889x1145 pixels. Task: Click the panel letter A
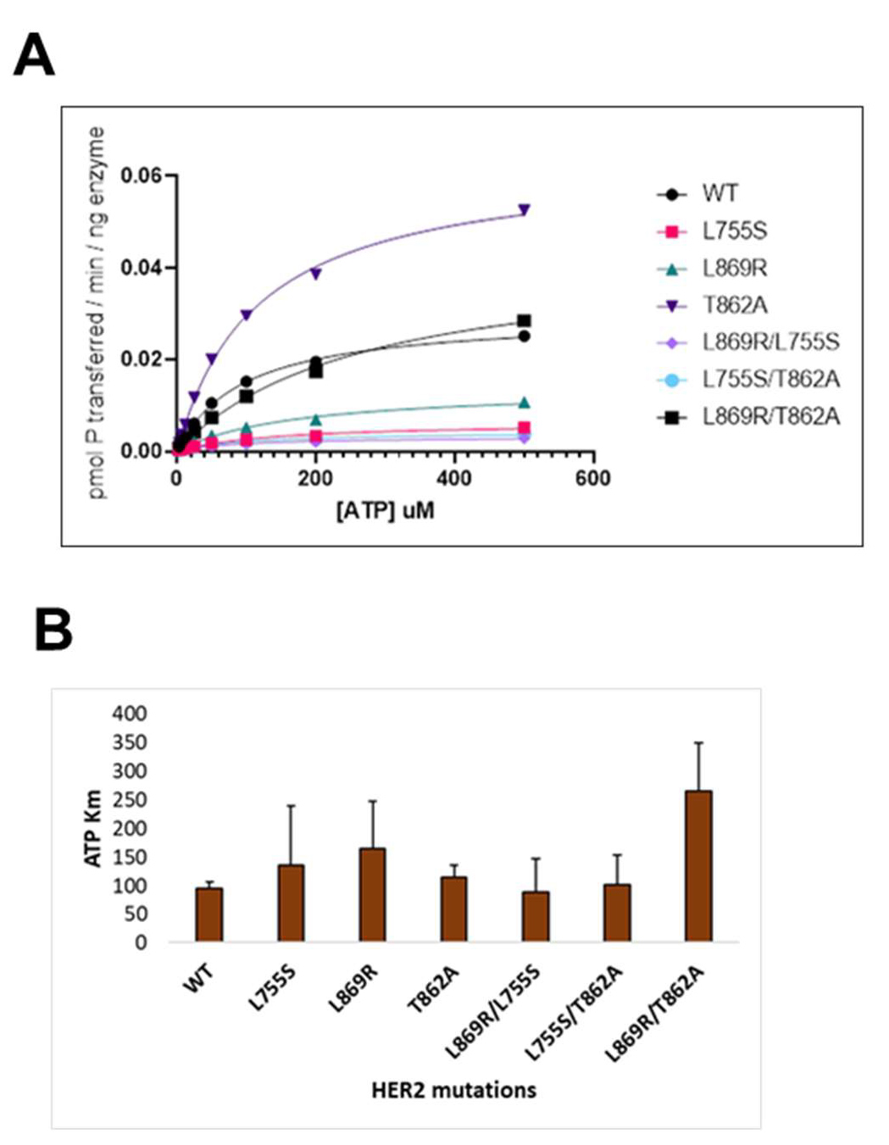35,56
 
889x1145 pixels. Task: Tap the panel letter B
53,631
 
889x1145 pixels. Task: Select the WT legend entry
719,194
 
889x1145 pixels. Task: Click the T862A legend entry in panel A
734,305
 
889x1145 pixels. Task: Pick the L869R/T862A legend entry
770,416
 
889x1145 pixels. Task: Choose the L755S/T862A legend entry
770,379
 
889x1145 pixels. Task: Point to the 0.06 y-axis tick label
142,176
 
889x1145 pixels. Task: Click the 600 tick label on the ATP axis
592,479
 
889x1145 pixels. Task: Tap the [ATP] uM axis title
386,511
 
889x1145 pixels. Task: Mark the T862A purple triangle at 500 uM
524,209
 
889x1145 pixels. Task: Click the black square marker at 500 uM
524,321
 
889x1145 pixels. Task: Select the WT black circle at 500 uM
524,336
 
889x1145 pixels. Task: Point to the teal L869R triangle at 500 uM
524,403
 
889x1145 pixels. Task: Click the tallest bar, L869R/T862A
698,865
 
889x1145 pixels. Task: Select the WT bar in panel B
209,914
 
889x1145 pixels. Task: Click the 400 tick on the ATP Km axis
130,714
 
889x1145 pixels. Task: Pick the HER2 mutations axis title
453,1089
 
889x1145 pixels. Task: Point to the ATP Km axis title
93,828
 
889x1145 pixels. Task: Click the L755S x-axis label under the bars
274,988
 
